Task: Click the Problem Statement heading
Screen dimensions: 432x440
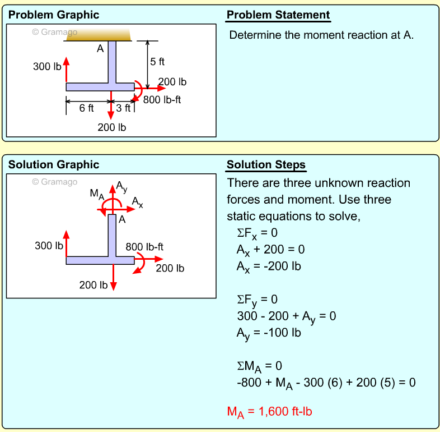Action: [278, 15]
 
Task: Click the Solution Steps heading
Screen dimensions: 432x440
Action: [266, 165]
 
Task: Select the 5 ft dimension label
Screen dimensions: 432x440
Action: [157, 62]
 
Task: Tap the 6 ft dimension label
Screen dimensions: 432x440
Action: [87, 108]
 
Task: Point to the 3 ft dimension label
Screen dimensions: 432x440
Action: [123, 108]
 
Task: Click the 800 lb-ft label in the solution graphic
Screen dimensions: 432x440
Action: [144, 247]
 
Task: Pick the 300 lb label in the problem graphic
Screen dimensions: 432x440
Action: [47, 67]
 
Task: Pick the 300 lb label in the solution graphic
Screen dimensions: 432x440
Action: [49, 246]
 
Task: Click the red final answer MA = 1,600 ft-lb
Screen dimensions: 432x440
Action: [269, 412]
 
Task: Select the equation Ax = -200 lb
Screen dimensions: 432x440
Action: [269, 266]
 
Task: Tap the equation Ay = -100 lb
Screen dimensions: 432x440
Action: [269, 333]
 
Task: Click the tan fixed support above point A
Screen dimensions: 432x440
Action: [98, 35]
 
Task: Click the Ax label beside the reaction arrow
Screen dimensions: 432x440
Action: [138, 202]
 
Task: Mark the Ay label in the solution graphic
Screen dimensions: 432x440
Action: [121, 189]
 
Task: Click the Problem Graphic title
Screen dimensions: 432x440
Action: [54, 15]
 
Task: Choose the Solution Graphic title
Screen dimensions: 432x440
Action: [54, 165]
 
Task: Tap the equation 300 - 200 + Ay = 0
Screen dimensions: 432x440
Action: [286, 316]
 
